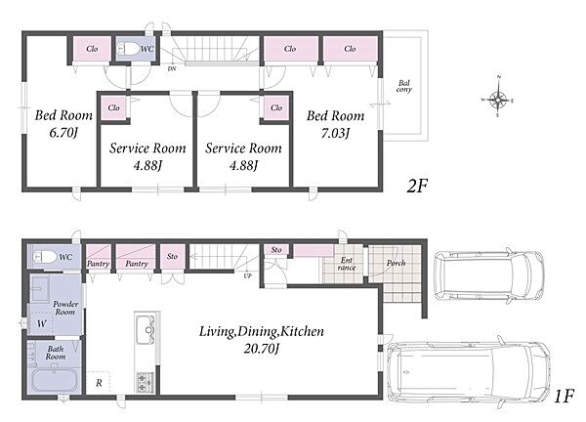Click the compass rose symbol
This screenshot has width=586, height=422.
pos(498,100)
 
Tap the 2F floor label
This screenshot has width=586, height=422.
pos(417,186)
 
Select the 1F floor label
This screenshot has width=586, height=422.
pos(564,397)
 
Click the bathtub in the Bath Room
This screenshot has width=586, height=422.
pos(55,380)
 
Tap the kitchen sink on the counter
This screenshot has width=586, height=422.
pos(146,329)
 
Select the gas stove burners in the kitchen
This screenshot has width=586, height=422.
pos(144,382)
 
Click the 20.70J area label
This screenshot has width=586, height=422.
pos(261,349)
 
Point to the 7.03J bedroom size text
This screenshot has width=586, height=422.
pos(335,133)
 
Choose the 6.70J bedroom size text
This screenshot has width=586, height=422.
pos(63,132)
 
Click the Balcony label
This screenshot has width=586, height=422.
pos(404,86)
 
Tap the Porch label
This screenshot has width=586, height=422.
pos(396,263)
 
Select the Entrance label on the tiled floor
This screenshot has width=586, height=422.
pos(347,264)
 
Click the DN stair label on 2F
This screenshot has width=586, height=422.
pos(172,68)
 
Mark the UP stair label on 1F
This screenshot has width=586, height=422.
pos(247,275)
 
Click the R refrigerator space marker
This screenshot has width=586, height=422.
pos(99,383)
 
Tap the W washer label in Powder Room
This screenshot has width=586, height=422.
pos(41,323)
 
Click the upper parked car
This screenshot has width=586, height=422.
pos(489,275)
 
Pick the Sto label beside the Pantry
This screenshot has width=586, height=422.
pos(172,256)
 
